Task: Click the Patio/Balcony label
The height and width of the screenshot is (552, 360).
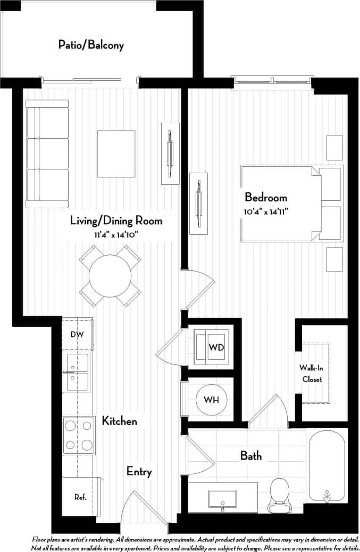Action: click(91, 45)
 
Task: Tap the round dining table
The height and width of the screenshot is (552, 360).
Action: click(110, 276)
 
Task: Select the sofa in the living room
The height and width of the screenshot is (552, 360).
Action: click(47, 157)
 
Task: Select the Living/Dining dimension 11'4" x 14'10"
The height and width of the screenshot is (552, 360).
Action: click(116, 234)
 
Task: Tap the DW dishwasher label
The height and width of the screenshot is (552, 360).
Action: click(77, 334)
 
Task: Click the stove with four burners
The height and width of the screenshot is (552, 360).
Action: click(79, 435)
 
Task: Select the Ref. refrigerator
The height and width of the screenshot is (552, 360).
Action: click(80, 497)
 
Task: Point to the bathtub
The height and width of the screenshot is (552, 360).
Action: click(326, 465)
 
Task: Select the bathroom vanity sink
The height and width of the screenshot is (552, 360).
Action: click(222, 499)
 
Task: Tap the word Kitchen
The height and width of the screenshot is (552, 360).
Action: click(120, 421)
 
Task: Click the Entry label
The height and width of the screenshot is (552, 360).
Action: click(139, 471)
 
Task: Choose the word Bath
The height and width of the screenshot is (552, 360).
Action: click(251, 455)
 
